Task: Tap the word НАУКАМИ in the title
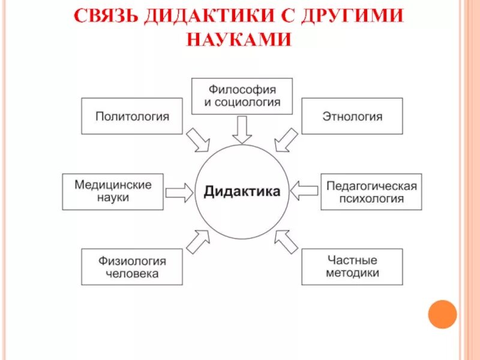pos(239,39)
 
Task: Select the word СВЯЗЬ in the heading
pos(106,16)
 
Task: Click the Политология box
pos(132,116)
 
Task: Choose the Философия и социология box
pos(241,96)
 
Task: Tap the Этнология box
pos(352,116)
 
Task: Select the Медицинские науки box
pos(113,191)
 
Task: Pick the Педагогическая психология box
pos(371,192)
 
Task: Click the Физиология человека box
pos(132,267)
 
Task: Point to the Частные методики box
pos(352,267)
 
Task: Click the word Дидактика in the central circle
pos(242,191)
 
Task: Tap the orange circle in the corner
pos(442,314)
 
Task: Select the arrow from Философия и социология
pos(242,129)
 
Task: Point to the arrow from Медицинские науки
pos(178,192)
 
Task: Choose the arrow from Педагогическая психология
pos(305,191)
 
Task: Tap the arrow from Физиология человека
pos(198,241)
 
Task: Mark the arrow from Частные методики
pos(286,241)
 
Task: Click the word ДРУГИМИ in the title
pos(347,16)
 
